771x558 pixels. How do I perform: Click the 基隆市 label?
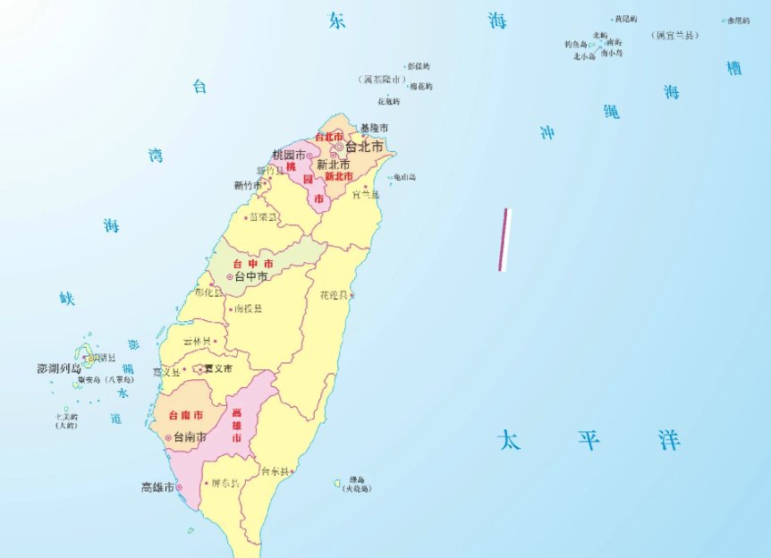coord(373,129)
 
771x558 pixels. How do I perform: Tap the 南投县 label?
coord(248,309)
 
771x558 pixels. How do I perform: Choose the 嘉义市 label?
coord(217,368)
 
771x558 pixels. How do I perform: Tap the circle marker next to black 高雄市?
coord(179,487)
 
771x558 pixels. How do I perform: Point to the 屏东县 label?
coord(225,484)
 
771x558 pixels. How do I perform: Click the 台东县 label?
coord(275,471)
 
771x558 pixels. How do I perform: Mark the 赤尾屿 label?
coord(738,20)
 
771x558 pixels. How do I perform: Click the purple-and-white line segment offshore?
coord(504,240)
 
